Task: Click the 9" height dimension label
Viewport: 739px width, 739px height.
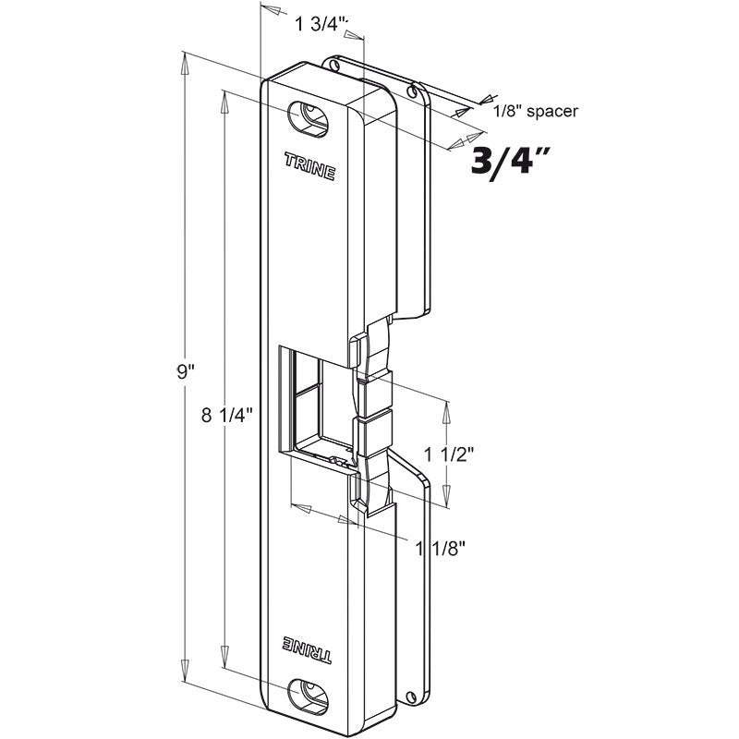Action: click(186, 373)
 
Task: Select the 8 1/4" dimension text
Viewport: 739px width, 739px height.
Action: click(228, 415)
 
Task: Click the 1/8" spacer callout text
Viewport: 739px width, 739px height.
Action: click(536, 111)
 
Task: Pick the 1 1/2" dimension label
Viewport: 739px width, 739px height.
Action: click(449, 454)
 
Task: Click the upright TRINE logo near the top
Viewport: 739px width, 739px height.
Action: click(309, 166)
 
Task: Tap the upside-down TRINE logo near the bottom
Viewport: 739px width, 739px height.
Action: click(307, 649)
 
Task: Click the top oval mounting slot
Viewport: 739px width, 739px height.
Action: click(308, 119)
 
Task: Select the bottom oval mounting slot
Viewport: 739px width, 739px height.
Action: click(309, 696)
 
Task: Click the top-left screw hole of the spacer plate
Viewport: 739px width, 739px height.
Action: click(333, 65)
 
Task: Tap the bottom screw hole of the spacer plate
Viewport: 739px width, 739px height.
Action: click(410, 696)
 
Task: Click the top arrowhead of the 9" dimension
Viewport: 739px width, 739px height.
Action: click(184, 63)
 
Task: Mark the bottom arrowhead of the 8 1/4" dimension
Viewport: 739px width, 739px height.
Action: click(224, 657)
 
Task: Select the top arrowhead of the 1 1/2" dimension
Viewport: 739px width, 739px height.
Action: click(446, 412)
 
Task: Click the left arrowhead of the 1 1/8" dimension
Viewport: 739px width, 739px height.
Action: click(302, 508)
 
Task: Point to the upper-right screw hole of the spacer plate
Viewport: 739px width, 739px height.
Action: click(413, 92)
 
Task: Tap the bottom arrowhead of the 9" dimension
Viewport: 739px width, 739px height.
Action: click(184, 670)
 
